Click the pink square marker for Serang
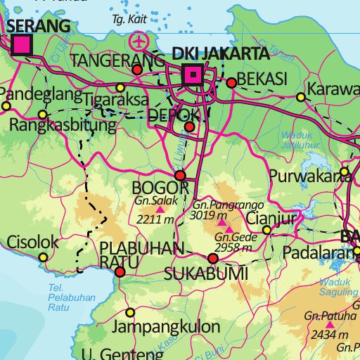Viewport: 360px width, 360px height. [22, 45]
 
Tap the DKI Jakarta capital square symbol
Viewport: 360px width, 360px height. [191, 74]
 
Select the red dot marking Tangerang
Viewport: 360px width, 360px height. [137, 70]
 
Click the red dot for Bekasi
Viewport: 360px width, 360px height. [231, 83]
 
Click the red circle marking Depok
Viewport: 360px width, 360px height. [189, 127]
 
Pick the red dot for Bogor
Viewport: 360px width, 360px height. [180, 176]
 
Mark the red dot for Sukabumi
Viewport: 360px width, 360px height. [213, 259]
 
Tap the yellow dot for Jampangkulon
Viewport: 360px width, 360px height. [129, 313]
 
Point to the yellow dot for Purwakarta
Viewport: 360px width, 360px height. [345, 171]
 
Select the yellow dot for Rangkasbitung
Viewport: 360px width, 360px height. [42, 114]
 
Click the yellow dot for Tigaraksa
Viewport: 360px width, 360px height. [120, 88]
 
